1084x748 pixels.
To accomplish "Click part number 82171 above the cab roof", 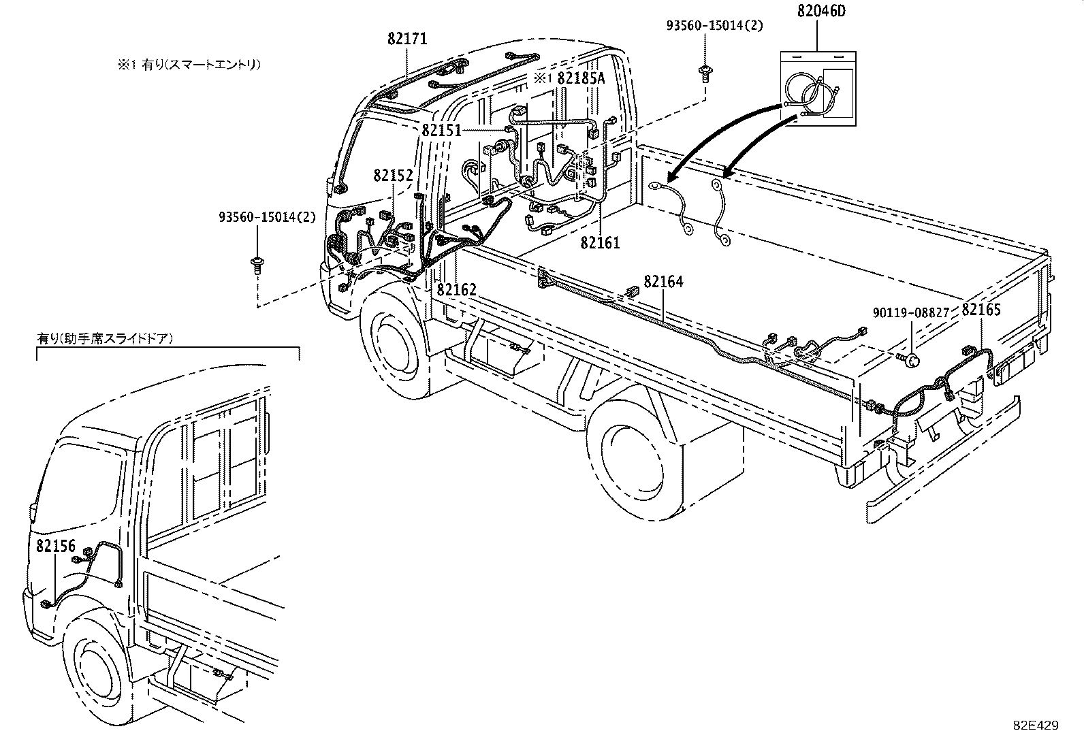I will click(x=407, y=39).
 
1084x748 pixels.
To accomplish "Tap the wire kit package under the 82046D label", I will click(x=816, y=89).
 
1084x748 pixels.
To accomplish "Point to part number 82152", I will click(x=393, y=176).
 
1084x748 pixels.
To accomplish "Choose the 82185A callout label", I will click(x=580, y=78).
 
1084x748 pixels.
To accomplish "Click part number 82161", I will click(x=600, y=242).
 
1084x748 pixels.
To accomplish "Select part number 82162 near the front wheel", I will click(x=456, y=290).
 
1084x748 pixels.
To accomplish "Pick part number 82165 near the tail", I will click(x=981, y=310).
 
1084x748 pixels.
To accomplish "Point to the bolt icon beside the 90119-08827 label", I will click(x=909, y=357).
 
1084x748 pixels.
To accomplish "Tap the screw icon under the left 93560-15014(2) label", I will click(x=258, y=263).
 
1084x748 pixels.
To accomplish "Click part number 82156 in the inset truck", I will click(x=56, y=546).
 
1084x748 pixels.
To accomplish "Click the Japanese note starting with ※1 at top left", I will click(x=188, y=65).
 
